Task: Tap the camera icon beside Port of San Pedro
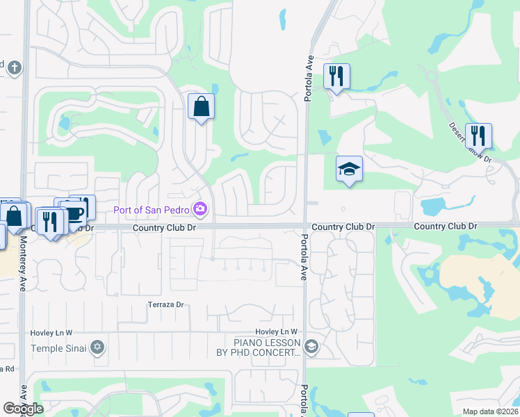tap(201, 208)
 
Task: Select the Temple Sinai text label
tap(60, 346)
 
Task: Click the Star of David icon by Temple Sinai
tap(97, 346)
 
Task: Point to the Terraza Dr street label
tap(165, 304)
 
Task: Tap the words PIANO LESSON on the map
tap(267, 343)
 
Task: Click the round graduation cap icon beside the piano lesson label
tap(311, 346)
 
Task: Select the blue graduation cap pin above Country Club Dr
tap(349, 170)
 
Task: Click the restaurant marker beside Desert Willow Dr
tap(478, 135)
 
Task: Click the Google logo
tap(23, 409)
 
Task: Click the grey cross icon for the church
tap(15, 68)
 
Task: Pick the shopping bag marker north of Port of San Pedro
tap(201, 107)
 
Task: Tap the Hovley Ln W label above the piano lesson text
tap(276, 332)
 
